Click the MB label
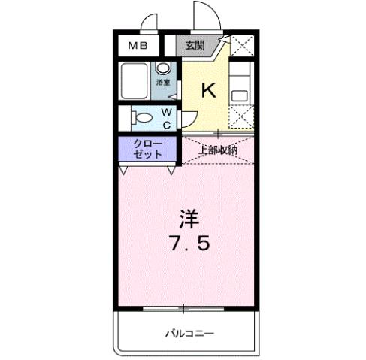(x=137, y=46)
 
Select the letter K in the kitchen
(x=208, y=90)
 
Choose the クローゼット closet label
(x=147, y=148)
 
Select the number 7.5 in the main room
(x=189, y=244)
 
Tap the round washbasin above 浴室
(x=162, y=68)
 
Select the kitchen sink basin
(x=240, y=94)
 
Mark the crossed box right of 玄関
(x=242, y=47)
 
